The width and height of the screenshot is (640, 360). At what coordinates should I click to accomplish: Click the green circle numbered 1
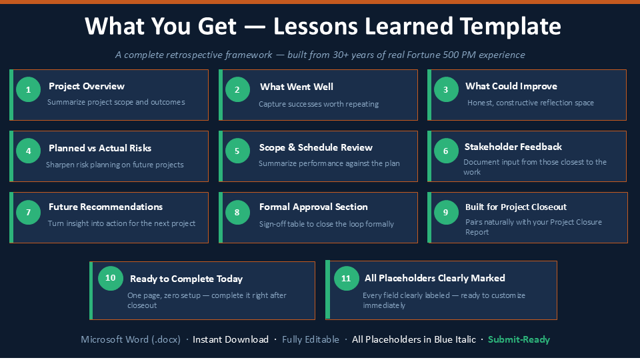28,89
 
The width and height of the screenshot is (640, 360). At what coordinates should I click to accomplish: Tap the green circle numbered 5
237,151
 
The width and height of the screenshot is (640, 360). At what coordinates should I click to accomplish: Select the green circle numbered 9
446,212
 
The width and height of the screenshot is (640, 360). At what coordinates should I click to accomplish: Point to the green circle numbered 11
346,279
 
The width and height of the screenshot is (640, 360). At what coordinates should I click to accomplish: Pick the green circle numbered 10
110,278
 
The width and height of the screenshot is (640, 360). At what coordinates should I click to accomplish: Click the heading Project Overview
87,86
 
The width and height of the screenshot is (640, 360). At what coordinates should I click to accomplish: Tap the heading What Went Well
297,87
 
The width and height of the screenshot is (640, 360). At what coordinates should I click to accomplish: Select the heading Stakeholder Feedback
513,147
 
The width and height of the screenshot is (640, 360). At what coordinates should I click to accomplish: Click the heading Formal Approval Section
313,207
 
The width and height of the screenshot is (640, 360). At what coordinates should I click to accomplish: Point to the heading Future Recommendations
106,207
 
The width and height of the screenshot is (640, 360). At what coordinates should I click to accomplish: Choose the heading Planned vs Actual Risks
100,148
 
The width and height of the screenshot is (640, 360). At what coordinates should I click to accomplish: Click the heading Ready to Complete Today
186,279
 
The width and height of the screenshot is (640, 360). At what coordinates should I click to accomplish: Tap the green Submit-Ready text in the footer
519,339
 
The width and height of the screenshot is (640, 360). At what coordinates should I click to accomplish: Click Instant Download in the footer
231,339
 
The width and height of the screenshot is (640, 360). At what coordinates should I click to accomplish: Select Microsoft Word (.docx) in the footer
131,339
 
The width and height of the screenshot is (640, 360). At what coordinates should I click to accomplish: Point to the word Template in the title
511,27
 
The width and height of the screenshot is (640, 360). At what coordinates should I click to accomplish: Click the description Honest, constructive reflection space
531,103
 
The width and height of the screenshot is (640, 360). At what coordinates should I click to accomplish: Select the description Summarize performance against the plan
329,164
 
